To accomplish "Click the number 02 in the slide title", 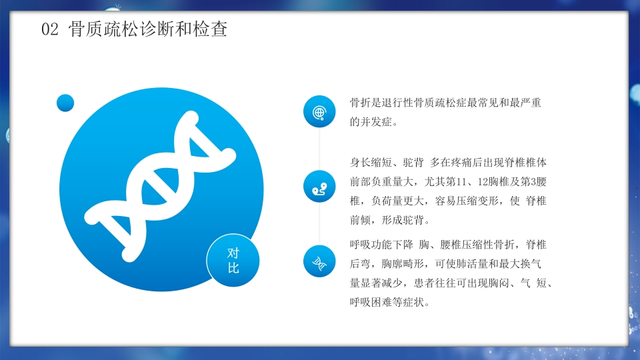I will point(50,30).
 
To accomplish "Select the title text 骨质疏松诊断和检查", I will point(148,30).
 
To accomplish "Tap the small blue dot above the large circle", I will point(65,103).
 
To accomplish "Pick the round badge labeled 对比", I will point(233,260).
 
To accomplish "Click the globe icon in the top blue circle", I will point(319,112).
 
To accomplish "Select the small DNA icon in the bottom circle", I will point(319,261).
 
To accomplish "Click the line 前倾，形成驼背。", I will point(390,220).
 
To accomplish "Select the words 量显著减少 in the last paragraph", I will point(377,283).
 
